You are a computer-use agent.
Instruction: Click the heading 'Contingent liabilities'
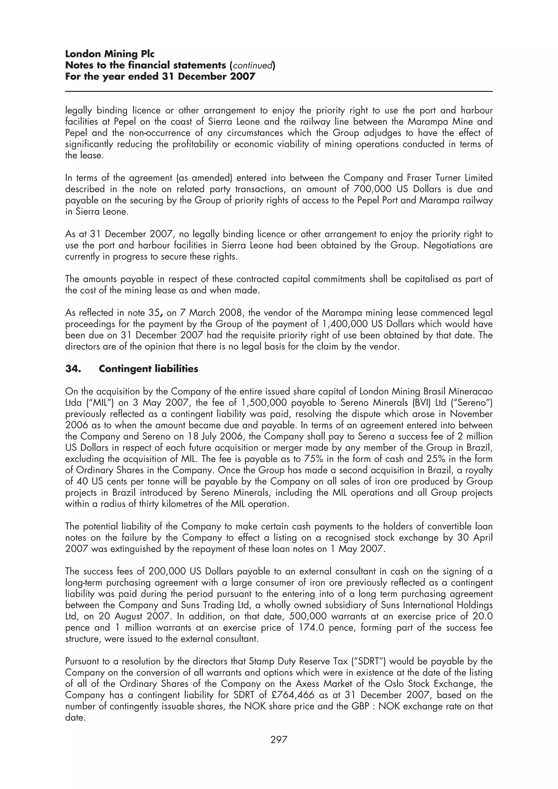click(x=148, y=369)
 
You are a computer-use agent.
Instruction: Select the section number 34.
click(x=73, y=369)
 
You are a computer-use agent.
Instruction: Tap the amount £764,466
click(x=292, y=695)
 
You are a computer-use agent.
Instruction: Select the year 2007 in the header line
click(x=242, y=76)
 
